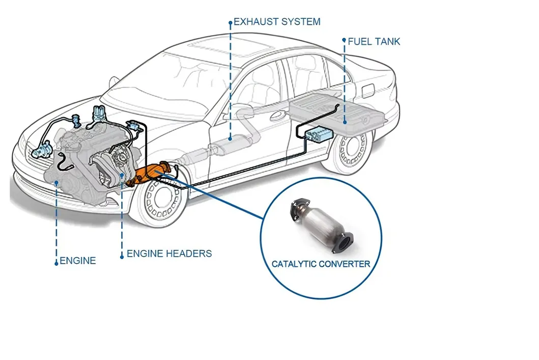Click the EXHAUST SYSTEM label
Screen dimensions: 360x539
(277, 22)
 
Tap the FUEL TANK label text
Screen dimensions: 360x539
(374, 41)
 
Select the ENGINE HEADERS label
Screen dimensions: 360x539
(169, 254)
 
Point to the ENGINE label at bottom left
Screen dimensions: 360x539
(78, 261)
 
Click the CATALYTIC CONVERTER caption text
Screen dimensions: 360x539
(321, 264)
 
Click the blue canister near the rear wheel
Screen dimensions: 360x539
(318, 135)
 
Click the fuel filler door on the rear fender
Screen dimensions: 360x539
(366, 90)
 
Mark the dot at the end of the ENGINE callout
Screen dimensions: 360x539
(56, 263)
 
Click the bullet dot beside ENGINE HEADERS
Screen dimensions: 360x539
(122, 257)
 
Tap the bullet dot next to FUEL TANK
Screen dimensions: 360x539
(345, 41)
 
